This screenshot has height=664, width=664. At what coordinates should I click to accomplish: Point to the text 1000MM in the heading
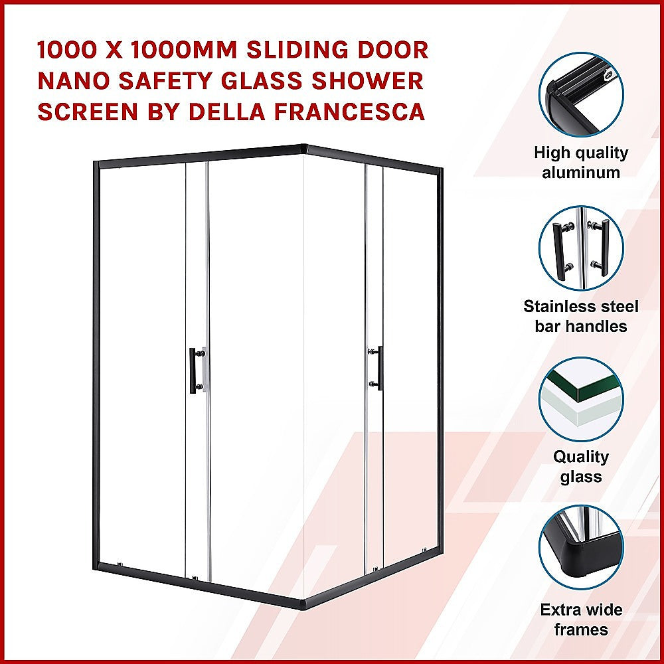pyautogui.click(x=165, y=50)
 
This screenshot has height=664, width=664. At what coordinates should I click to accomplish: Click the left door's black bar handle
pyautogui.click(x=193, y=371)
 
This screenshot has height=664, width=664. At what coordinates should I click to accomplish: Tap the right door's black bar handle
pyautogui.click(x=379, y=367)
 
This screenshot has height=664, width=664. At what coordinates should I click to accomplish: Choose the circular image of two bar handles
pyautogui.click(x=582, y=248)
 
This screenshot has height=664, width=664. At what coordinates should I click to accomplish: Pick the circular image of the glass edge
pyautogui.click(x=582, y=398)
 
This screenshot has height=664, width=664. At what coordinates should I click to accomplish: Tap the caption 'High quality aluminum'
pyautogui.click(x=582, y=163)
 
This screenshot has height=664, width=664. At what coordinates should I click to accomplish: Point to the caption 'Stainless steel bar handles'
pyautogui.click(x=582, y=316)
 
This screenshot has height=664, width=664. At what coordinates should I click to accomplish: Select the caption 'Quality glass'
pyautogui.click(x=582, y=467)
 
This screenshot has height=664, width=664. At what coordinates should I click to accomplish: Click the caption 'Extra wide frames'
pyautogui.click(x=582, y=620)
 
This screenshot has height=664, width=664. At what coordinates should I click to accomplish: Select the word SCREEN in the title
pyautogui.click(x=84, y=112)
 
